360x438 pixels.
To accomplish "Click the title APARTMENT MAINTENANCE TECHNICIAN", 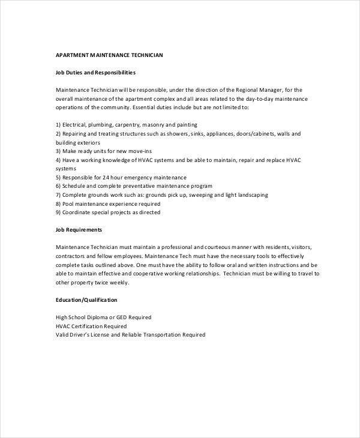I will point(109,55).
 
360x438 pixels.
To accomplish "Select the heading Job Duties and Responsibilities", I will point(95,73).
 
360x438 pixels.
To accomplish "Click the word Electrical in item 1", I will point(77,125).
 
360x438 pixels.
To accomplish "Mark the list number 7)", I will point(58,195).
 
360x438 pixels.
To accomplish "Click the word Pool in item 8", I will point(69,203).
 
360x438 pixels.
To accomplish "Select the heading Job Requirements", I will point(79,230).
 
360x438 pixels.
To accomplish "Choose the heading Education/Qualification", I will point(86,299).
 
